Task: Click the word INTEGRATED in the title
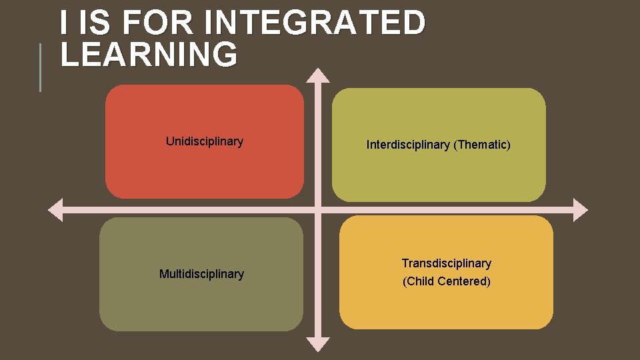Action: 315,23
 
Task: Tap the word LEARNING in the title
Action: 149,55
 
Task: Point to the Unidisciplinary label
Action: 204,141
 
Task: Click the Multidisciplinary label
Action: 201,274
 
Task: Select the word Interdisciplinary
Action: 408,145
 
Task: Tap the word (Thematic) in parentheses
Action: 482,145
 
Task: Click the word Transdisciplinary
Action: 446,263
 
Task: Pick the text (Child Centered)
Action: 446,281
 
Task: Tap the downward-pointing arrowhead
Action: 318,344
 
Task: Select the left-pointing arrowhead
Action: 55,209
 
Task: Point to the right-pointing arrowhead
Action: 580,209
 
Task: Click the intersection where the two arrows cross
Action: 318,209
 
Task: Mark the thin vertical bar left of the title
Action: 40,67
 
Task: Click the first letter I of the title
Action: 63,23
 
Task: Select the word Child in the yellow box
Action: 421,281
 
